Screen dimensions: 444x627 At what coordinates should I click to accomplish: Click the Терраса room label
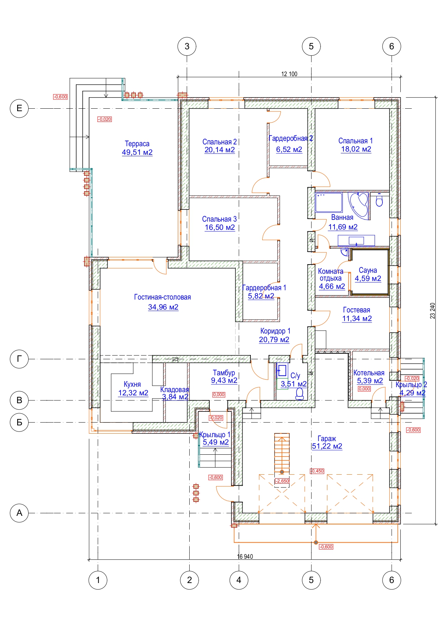137,144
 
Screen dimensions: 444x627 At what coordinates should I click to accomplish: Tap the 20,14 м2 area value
220,150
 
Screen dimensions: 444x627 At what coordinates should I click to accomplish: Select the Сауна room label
368,270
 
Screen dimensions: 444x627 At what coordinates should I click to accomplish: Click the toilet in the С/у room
300,394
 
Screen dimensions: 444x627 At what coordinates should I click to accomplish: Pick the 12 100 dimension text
289,74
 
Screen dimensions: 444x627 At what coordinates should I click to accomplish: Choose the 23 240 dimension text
433,311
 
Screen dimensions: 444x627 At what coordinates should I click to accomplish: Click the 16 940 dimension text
245,556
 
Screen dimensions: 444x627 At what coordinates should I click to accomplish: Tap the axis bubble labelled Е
19,108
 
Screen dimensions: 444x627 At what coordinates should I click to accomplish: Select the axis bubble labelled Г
19,359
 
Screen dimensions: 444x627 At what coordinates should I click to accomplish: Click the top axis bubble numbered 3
187,46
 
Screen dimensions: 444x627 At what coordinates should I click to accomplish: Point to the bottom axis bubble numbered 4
239,580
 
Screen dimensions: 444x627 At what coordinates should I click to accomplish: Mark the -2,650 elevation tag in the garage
282,481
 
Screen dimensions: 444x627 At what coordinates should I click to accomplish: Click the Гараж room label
327,438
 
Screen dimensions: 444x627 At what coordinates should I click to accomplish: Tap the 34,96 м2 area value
163,307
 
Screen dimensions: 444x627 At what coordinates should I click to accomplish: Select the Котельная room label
369,373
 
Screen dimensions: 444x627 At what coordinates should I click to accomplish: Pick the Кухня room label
132,384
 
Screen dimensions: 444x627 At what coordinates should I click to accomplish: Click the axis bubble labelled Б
19,422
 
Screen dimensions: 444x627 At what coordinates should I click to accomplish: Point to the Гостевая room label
356,310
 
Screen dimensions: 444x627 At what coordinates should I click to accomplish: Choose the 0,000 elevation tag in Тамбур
219,395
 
